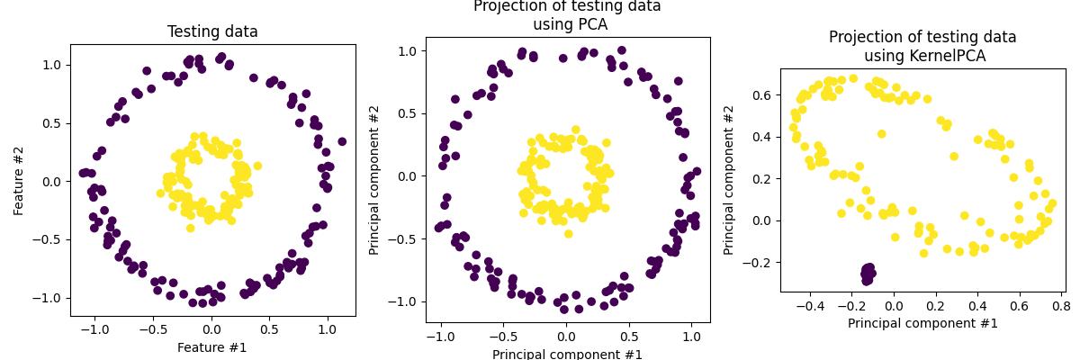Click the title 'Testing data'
pos(212,32)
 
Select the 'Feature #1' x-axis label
pos(212,347)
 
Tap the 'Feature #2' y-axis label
pos(19,180)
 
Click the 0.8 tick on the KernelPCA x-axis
pos(1061,306)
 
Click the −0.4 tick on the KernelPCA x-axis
pos(810,306)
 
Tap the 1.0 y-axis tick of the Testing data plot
pos(50,65)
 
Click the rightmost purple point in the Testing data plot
pos(342,141)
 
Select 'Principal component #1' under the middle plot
pos(567,354)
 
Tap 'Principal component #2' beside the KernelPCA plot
pos(729,180)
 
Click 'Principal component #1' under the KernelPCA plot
pos(922,323)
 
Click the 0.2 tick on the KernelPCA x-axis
pos(936,306)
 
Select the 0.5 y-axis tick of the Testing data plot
pos(50,123)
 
